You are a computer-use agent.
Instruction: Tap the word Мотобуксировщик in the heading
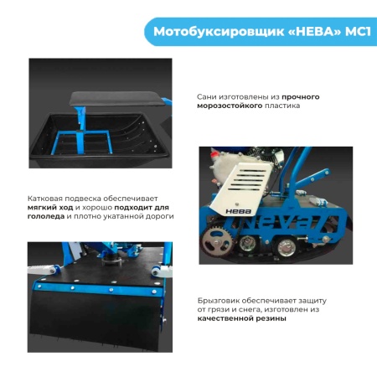219,33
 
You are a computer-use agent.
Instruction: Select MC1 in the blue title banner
358,32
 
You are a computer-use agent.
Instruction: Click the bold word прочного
301,97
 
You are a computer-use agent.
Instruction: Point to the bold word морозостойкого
230,106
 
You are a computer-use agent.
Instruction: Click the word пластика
282,106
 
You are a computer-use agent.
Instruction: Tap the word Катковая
45,199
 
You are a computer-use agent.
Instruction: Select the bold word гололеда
46,216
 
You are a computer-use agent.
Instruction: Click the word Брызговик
219,301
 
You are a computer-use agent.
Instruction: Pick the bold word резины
273,318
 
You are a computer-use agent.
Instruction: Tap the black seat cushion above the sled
116,99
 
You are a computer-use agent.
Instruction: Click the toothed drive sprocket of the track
217,241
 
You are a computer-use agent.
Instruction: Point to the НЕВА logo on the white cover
238,211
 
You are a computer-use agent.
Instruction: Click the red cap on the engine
214,152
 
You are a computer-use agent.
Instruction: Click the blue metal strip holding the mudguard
99,288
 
